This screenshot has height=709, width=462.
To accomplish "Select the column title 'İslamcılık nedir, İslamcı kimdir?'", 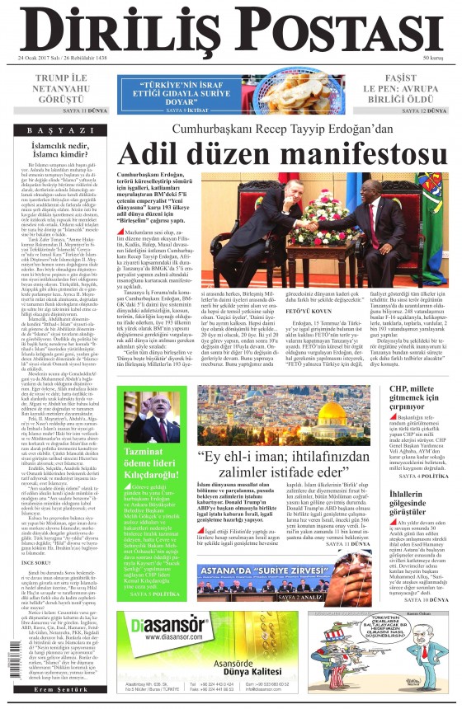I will tap(59, 149).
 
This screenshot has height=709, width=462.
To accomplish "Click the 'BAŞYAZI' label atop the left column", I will tap(60, 130).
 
